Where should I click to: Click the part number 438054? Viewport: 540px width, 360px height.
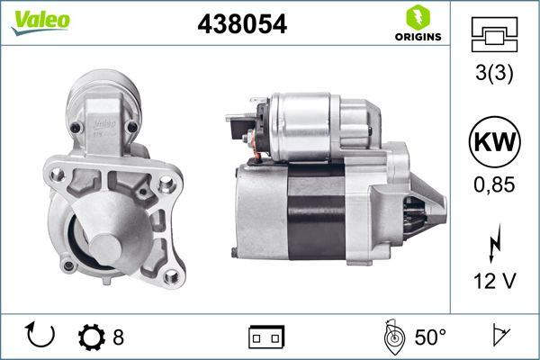[x=241, y=25]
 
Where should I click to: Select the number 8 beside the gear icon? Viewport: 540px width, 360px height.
[x=118, y=337]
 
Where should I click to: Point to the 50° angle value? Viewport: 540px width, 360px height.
[x=430, y=337]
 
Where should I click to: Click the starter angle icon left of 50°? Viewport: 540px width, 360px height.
[x=391, y=337]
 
